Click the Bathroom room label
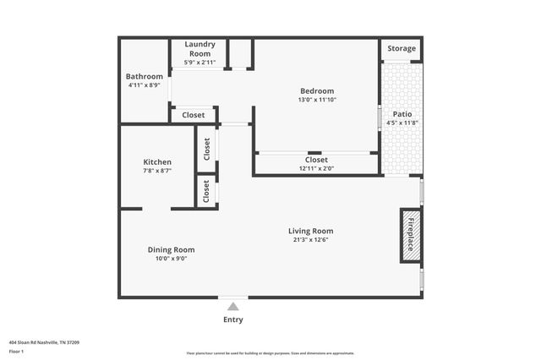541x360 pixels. tap(144, 77)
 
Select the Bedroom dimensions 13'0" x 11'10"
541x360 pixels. tap(317, 100)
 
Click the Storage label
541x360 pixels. tap(402, 49)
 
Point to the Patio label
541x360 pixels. tap(402, 113)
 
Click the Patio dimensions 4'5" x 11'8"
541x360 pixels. tap(402, 123)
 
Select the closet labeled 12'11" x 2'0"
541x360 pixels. tap(316, 168)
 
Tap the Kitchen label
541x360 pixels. tap(157, 162)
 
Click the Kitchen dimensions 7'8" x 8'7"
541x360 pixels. tap(157, 171)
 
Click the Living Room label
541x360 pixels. tap(310, 231)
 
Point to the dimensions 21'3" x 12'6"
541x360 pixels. tap(310, 240)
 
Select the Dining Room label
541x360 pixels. tap(172, 249)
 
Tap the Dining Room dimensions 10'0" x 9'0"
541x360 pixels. tap(172, 259)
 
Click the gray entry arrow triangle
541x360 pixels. tap(232, 306)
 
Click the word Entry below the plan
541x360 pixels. tap(232, 319)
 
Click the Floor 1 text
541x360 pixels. tap(17, 351)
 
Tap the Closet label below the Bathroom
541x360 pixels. tap(193, 115)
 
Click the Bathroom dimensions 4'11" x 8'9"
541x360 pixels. tap(144, 85)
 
